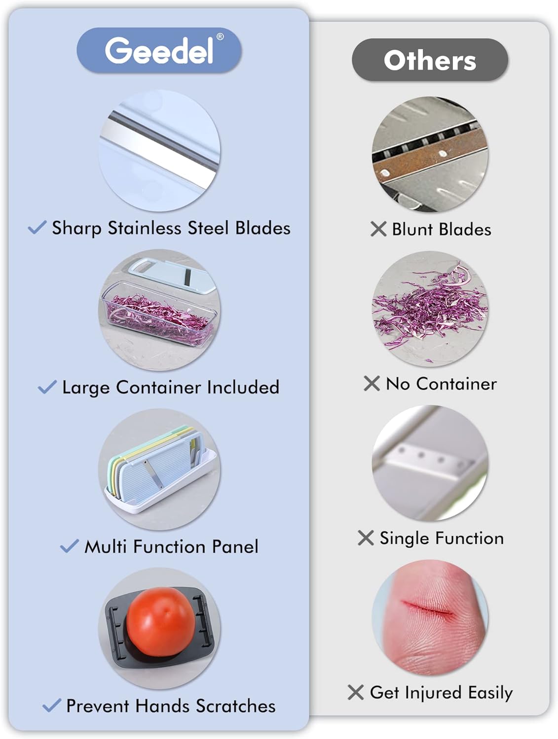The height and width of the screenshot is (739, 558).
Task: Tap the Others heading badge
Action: (x=430, y=60)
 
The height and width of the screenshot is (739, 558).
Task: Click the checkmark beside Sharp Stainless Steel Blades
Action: (x=37, y=227)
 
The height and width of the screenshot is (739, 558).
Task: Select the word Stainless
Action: (x=144, y=228)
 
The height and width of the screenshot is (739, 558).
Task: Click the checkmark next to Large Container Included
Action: (x=47, y=387)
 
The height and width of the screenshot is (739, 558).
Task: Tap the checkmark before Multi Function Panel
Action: (x=70, y=546)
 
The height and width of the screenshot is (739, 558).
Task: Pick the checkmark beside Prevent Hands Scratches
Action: (x=52, y=705)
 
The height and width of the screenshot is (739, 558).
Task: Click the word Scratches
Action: (x=236, y=705)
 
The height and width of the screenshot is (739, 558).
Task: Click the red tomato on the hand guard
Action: (x=161, y=622)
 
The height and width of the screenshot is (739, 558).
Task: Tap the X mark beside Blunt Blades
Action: (x=378, y=229)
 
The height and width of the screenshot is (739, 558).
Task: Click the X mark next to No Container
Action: (x=372, y=383)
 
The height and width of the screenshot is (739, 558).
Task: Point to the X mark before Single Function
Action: (x=366, y=537)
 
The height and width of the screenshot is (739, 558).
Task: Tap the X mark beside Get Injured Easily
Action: (x=356, y=693)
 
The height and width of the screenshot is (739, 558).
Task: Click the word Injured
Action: (x=433, y=693)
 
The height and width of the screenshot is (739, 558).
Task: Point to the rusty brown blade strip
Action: (x=430, y=160)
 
